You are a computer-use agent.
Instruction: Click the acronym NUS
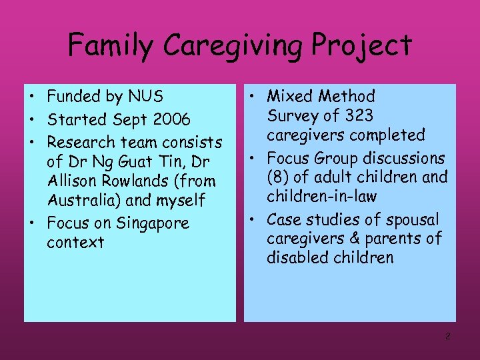pyautogui.click(x=147, y=97)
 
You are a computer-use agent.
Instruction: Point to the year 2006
pyautogui.click(x=171, y=120)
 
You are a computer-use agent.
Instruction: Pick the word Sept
pyautogui.click(x=129, y=120)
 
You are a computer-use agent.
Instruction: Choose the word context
pyautogui.click(x=75, y=242)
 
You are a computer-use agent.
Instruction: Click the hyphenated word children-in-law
pyautogui.click(x=321, y=197)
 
